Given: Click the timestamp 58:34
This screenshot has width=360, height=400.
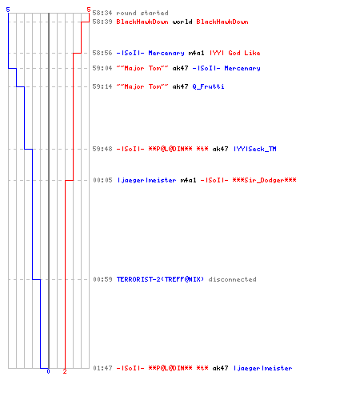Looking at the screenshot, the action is [102, 13].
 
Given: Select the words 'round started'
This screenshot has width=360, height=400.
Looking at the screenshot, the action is [142, 13].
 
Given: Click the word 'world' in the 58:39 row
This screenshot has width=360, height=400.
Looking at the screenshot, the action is [182, 22].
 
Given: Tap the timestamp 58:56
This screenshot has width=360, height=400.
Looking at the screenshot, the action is [102, 53].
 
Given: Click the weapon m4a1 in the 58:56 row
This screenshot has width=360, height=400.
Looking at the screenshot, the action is [196, 53].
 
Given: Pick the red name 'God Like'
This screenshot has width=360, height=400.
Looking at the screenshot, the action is [244, 53].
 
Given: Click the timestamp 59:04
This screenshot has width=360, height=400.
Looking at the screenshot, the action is [102, 68].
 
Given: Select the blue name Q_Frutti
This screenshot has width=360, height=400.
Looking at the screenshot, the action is [208, 86].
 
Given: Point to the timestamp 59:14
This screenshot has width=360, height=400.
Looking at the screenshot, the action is [102, 86].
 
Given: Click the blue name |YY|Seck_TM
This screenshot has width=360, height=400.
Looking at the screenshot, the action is [255, 149].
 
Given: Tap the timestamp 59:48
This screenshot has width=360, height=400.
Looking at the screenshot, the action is [102, 149].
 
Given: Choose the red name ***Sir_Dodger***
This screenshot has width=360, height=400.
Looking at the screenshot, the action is [264, 180].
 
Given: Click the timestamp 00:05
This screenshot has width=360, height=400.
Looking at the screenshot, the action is [102, 180].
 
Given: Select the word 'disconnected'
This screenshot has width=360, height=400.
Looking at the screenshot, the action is [232, 279].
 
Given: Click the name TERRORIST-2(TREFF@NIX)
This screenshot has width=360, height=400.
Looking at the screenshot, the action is [160, 279].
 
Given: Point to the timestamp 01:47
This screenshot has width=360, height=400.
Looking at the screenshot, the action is [102, 368].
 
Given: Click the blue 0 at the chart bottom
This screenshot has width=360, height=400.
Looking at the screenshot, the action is [48, 371].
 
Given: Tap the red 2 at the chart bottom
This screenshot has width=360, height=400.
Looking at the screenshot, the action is [65, 371].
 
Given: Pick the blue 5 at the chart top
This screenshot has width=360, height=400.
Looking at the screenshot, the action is [8, 10].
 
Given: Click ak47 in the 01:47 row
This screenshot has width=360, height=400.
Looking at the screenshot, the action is [220, 368].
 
